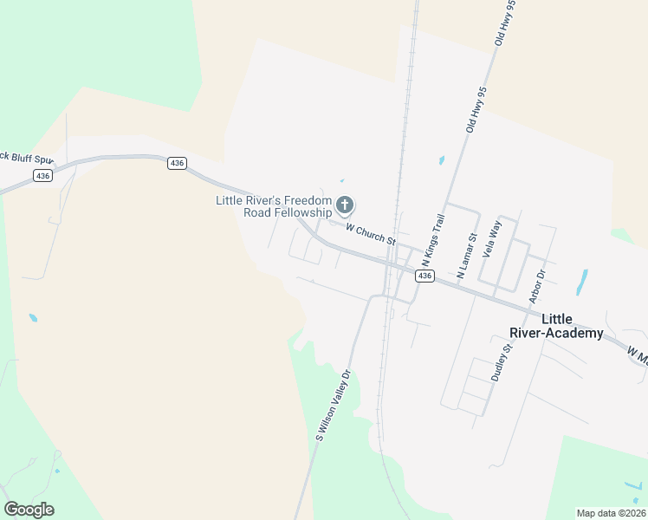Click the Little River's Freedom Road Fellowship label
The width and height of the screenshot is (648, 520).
click(x=274, y=206)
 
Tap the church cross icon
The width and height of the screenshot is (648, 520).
click(x=345, y=205)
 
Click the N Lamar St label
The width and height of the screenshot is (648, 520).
click(x=466, y=252)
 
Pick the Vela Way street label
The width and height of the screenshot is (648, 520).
click(x=491, y=240)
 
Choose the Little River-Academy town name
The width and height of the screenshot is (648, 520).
click(x=571, y=326)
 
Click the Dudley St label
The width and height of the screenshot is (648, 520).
click(x=502, y=361)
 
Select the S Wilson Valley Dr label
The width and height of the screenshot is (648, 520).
click(x=333, y=406)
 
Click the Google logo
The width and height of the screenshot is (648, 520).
click(x=29, y=510)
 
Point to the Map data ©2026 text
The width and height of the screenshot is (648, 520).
click(x=611, y=513)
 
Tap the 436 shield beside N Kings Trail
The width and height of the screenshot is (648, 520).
click(x=424, y=276)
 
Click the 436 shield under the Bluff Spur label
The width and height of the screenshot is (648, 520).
click(x=42, y=175)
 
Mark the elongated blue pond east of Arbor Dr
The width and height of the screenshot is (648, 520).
click(x=582, y=281)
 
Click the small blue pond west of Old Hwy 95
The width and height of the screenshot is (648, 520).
click(x=442, y=160)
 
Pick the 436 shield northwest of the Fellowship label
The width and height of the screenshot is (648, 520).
click(x=178, y=163)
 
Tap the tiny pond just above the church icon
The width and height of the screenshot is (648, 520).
click(x=342, y=181)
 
